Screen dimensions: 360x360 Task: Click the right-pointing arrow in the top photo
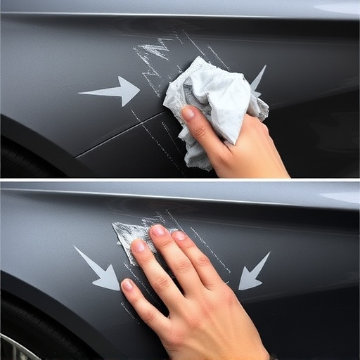coord(112,91)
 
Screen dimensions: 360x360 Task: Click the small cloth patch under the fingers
coord(127,232)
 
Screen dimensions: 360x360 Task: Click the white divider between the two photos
coord(180,180)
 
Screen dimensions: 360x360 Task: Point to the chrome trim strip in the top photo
coord(141,14)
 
